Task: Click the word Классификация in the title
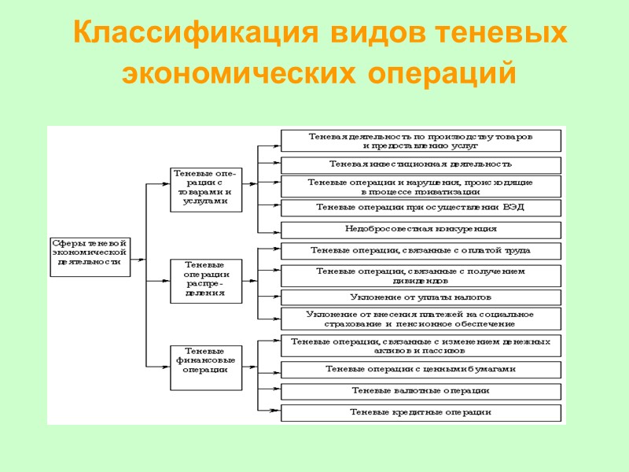pyautogui.click(x=195, y=34)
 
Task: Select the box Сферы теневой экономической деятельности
pyautogui.click(x=89, y=256)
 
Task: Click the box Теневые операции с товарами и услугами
pyautogui.click(x=206, y=189)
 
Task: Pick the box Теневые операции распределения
pyautogui.click(x=206, y=280)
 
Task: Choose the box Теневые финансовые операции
pyautogui.click(x=206, y=367)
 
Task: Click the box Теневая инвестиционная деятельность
pyautogui.click(x=421, y=164)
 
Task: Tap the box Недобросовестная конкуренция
pyautogui.click(x=421, y=230)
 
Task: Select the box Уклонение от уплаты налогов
pyautogui.click(x=421, y=297)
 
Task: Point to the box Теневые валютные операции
pyautogui.click(x=421, y=391)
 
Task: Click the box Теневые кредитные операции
pyautogui.click(x=421, y=412)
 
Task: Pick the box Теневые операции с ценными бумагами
pyautogui.click(x=421, y=370)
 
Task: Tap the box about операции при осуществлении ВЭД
pyautogui.click(x=421, y=208)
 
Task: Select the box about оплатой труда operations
pyautogui.click(x=421, y=251)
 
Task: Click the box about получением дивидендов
pyautogui.click(x=421, y=275)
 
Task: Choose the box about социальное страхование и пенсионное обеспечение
pyautogui.click(x=421, y=319)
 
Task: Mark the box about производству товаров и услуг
pyautogui.click(x=421, y=141)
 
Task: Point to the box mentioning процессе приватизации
pyautogui.click(x=421, y=186)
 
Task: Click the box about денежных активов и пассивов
pyautogui.click(x=421, y=346)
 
